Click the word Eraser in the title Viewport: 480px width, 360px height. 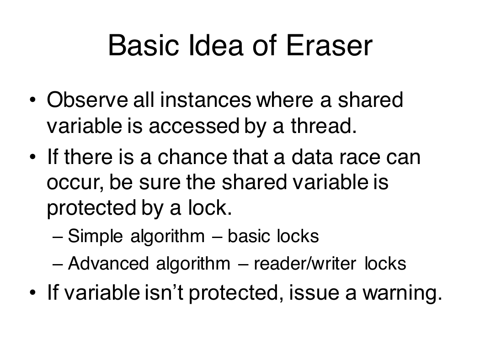(x=329, y=46)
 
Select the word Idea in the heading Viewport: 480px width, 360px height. (x=216, y=46)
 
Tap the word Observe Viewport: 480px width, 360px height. (x=87, y=100)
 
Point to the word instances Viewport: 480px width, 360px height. (x=206, y=100)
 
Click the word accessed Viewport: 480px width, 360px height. (x=194, y=126)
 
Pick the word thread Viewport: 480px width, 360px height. (x=324, y=126)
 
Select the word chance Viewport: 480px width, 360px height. (x=192, y=157)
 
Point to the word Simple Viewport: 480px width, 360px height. (x=95, y=237)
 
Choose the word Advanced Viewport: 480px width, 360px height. (x=108, y=263)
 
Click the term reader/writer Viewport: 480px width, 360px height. (x=305, y=263)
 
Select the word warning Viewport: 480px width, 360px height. (x=403, y=293)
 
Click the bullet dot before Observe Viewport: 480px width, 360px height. (x=33, y=100)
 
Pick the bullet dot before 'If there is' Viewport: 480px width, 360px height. (x=33, y=157)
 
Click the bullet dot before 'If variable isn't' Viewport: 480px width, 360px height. (x=33, y=292)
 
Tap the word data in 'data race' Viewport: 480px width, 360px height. (x=312, y=157)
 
